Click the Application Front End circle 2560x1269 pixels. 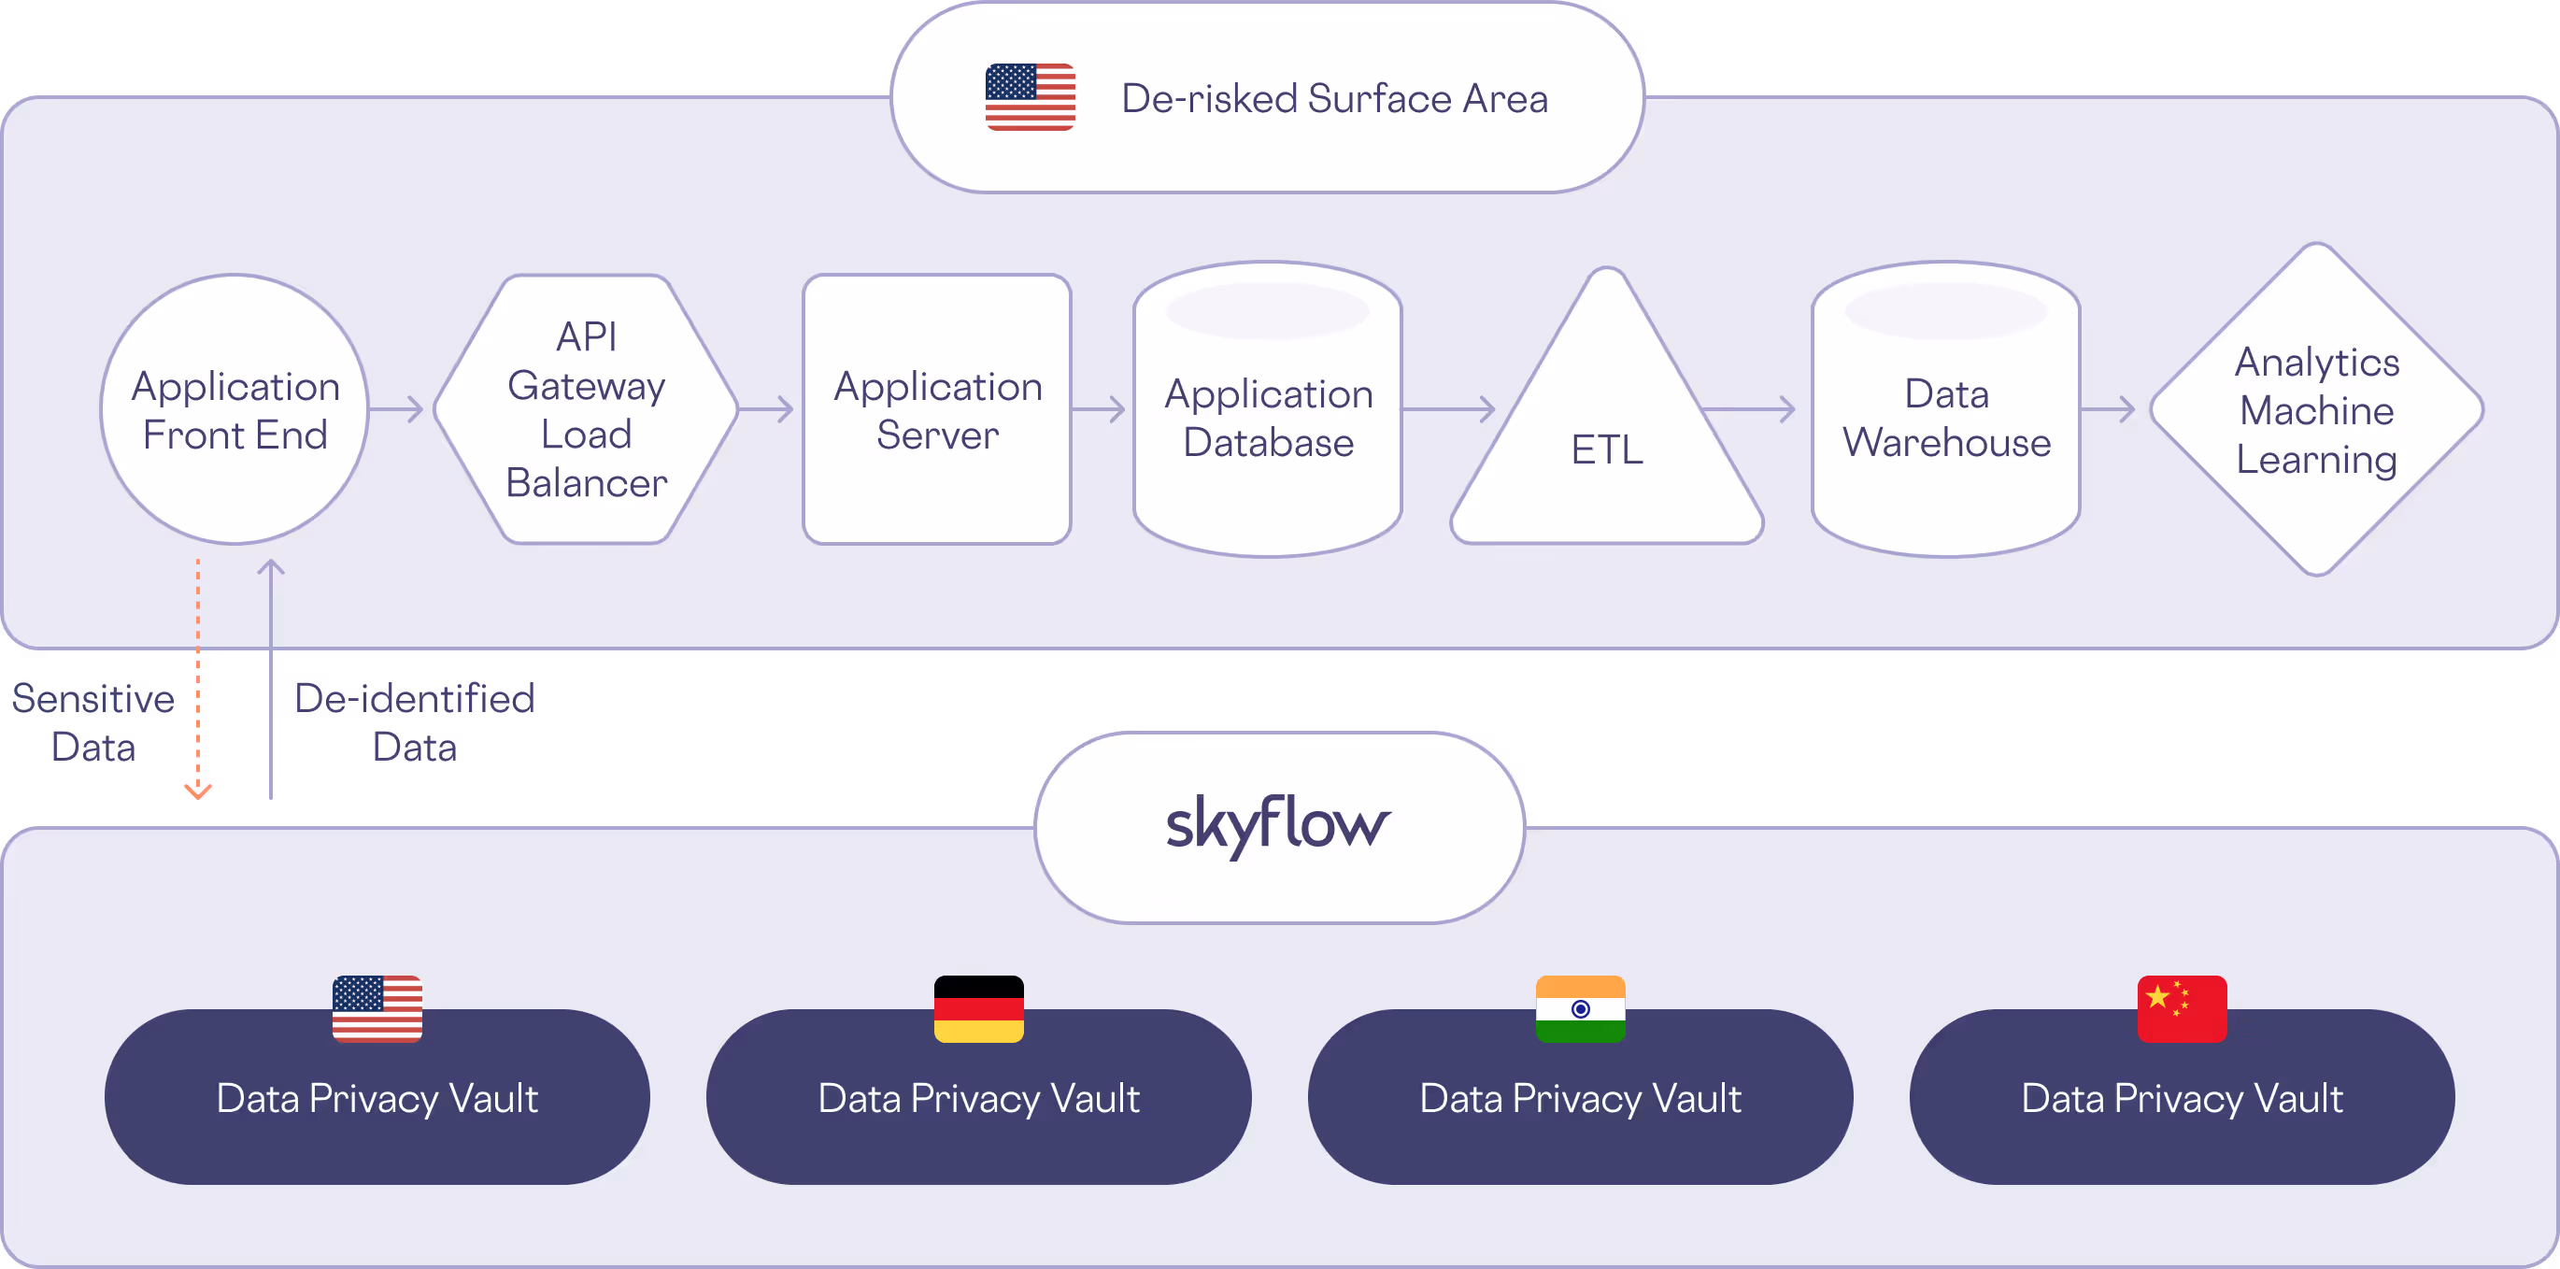[x=235, y=409]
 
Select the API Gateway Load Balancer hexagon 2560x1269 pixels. [x=587, y=409]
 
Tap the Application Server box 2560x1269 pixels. [x=937, y=409]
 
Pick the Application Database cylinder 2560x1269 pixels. [x=1268, y=418]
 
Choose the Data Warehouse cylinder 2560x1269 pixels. [x=1946, y=418]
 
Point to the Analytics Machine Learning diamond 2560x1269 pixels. [x=2316, y=409]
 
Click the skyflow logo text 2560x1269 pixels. [x=1278, y=825]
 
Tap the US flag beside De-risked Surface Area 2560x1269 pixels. [x=1030, y=97]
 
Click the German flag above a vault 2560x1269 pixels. [x=979, y=1008]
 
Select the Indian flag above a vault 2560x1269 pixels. [x=1580, y=1008]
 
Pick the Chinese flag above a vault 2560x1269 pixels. [x=2182, y=1008]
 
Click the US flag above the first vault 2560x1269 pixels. [x=377, y=1008]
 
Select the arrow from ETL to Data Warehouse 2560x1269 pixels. [x=1749, y=408]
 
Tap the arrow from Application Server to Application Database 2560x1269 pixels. [x=1099, y=408]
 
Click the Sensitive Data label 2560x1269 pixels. [x=93, y=722]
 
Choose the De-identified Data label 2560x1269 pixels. [x=415, y=722]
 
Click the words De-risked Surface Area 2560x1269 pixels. [x=1333, y=98]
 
